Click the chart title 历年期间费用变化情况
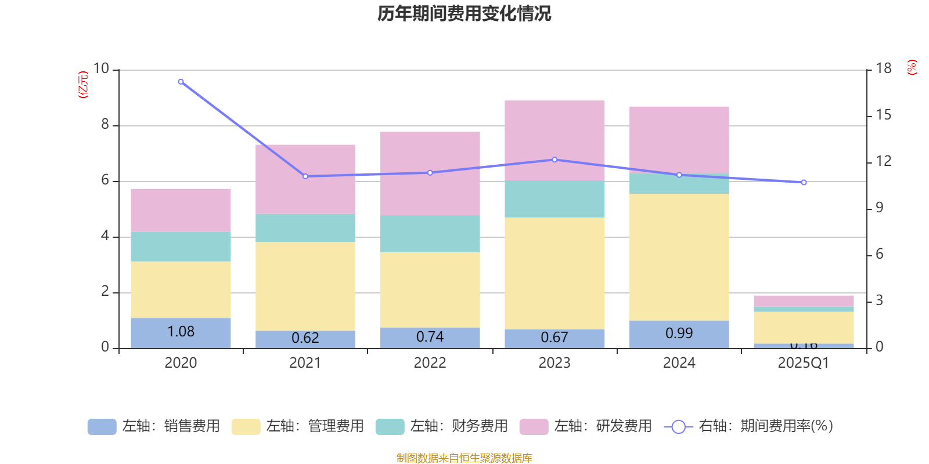(x=464, y=13)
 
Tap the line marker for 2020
(x=181, y=82)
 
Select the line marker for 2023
(x=554, y=159)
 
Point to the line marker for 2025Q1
(x=804, y=183)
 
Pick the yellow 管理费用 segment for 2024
(x=679, y=257)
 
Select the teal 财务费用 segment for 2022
(x=430, y=234)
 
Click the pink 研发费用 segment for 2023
(x=554, y=140)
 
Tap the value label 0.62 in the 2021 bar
(x=305, y=338)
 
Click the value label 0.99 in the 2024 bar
(x=679, y=333)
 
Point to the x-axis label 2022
(x=430, y=363)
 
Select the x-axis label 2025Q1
(x=803, y=363)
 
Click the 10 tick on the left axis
(x=101, y=69)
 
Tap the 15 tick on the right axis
(x=883, y=115)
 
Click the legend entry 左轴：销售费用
(x=154, y=426)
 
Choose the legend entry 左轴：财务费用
(x=442, y=426)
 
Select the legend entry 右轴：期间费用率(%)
(x=748, y=426)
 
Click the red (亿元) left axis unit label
(x=83, y=85)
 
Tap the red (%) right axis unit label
(x=912, y=67)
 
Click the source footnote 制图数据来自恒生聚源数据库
(x=464, y=458)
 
